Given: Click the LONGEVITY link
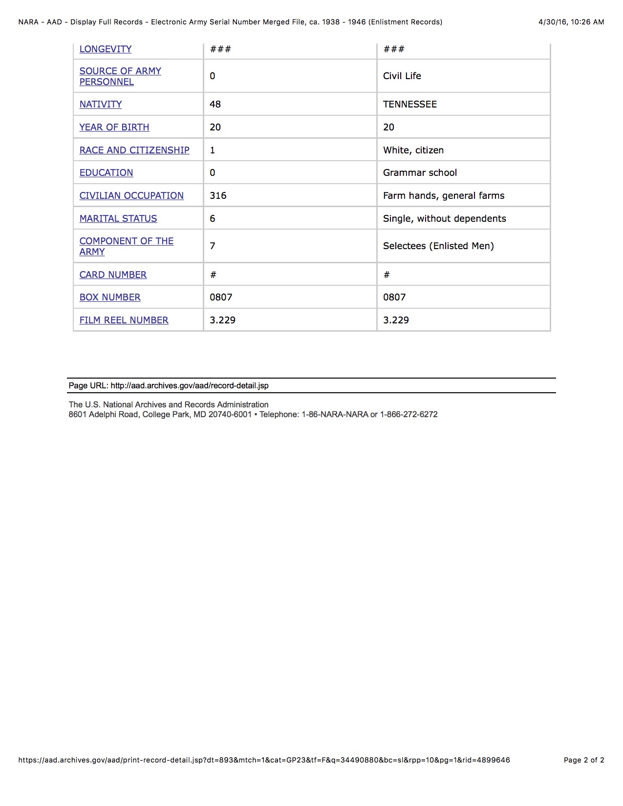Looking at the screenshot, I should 106,49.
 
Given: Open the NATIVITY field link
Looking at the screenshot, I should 101,105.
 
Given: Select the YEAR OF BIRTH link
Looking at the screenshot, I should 114,127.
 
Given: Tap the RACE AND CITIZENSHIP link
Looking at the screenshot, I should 134,150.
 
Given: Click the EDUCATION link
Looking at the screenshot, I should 106,173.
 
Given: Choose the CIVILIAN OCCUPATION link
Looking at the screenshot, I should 131,196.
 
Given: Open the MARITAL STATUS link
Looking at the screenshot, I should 118,219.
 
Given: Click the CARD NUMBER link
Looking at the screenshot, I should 113,275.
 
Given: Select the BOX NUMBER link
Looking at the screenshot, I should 110,297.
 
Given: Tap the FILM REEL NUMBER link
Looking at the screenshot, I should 124,320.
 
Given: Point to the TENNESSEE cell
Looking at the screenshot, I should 410,105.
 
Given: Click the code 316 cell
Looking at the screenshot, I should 218,196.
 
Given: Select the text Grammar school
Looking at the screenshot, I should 420,173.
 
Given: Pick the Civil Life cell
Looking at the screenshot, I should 402,76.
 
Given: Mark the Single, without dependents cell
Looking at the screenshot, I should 444,219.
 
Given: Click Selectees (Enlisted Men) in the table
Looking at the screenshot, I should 438,246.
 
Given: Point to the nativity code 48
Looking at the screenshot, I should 215,105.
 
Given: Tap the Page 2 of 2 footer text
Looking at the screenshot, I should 584,760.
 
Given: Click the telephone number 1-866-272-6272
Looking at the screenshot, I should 408,415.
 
